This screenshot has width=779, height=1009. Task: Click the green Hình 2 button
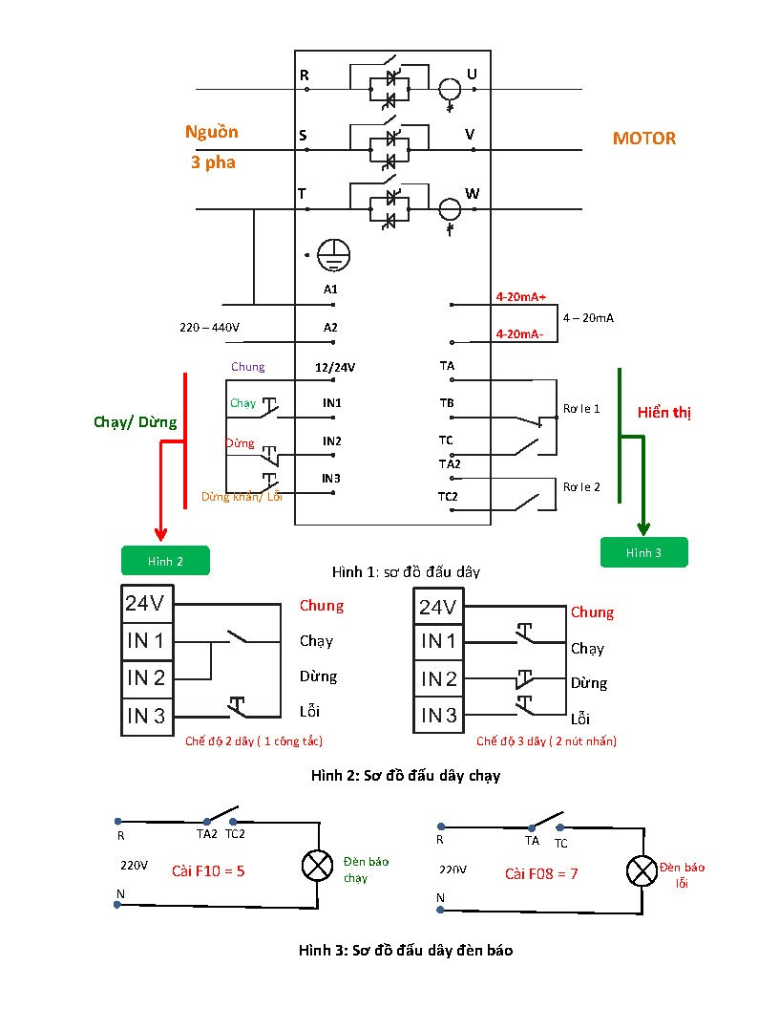(165, 561)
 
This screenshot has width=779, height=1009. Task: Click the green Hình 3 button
(644, 552)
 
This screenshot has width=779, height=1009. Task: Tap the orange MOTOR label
(644, 139)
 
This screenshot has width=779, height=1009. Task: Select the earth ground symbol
(333, 255)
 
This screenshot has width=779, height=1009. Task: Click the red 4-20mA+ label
(520, 296)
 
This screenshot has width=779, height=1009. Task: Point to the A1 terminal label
(330, 290)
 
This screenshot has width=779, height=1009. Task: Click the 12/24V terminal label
(335, 368)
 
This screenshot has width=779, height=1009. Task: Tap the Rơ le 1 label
(581, 409)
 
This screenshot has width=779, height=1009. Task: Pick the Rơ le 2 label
(581, 487)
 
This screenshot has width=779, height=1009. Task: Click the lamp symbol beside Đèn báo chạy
(318, 866)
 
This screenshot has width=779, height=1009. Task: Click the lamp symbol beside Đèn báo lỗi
(642, 871)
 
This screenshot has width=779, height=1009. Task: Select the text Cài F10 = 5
(208, 871)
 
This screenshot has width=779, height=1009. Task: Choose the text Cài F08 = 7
(541, 874)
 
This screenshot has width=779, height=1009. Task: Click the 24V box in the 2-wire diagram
(147, 604)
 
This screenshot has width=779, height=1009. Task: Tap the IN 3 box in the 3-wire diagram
(438, 715)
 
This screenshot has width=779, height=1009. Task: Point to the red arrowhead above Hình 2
(160, 533)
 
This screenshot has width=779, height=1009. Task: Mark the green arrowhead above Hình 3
(643, 528)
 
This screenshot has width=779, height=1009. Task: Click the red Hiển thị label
(663, 413)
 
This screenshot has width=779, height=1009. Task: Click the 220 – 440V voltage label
(209, 328)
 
